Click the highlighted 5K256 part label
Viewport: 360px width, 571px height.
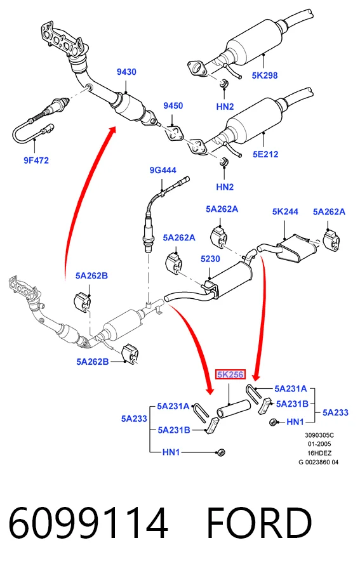coord(230,374)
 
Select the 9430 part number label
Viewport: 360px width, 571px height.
coord(126,72)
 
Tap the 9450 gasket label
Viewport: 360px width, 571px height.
coord(173,105)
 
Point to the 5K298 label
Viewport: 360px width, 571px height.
coord(265,75)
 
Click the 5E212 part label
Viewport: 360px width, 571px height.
coord(265,154)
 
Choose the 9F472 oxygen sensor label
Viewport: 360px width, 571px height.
coord(36,161)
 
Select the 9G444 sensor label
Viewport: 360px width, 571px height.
coord(163,170)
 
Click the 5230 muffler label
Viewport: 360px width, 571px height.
coord(210,259)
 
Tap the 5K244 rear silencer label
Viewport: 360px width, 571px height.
coord(285,211)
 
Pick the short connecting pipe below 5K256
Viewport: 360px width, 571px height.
coord(234,409)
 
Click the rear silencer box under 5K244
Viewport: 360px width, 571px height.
coord(297,249)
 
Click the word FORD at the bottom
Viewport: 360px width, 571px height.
coord(259,523)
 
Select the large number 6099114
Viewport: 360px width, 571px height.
coord(88,523)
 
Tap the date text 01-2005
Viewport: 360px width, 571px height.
coord(319,444)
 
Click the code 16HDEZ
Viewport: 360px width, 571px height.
coord(319,453)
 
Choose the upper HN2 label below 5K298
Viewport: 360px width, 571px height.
coord(225,107)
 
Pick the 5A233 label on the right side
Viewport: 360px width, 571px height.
coord(335,412)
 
